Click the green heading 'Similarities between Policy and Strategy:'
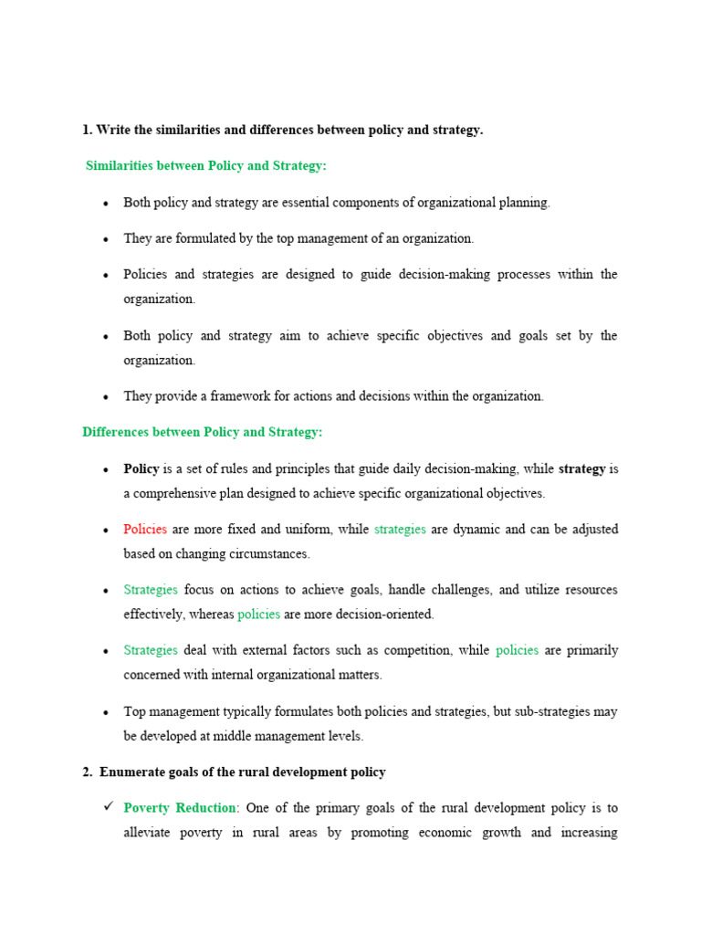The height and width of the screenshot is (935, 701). [x=205, y=166]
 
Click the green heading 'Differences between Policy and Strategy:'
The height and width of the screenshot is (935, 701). [x=202, y=432]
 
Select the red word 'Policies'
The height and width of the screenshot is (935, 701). [x=145, y=530]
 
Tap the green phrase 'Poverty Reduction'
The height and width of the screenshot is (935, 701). [x=180, y=808]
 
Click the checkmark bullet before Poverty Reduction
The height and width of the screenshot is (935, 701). [x=107, y=807]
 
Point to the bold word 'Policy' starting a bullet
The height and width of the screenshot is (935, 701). [x=141, y=469]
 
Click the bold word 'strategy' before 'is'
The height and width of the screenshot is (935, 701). [x=581, y=469]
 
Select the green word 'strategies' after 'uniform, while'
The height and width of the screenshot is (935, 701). [x=400, y=530]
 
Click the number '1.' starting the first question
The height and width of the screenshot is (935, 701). [x=88, y=131]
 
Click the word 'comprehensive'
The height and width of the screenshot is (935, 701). [x=175, y=493]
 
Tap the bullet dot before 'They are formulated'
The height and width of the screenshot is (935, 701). [x=106, y=239]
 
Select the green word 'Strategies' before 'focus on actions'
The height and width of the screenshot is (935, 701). [x=151, y=590]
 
